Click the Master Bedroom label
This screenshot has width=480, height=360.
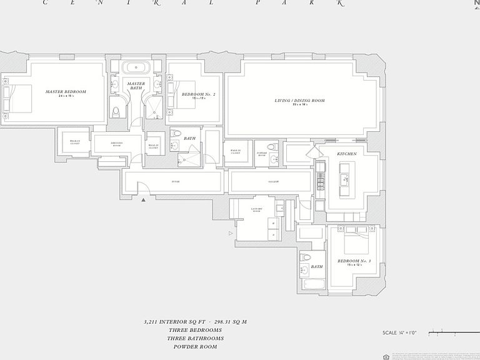coord(66,91)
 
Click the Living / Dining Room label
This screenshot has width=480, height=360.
coord(299,101)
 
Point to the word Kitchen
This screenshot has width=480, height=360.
coord(347,154)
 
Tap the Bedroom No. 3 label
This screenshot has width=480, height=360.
coord(354,261)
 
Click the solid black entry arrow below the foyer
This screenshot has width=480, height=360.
coord(144,200)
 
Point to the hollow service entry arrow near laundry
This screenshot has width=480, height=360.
coord(231,233)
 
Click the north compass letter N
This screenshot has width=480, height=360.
coord(476,2)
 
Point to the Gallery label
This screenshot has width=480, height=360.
coord(273,182)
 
